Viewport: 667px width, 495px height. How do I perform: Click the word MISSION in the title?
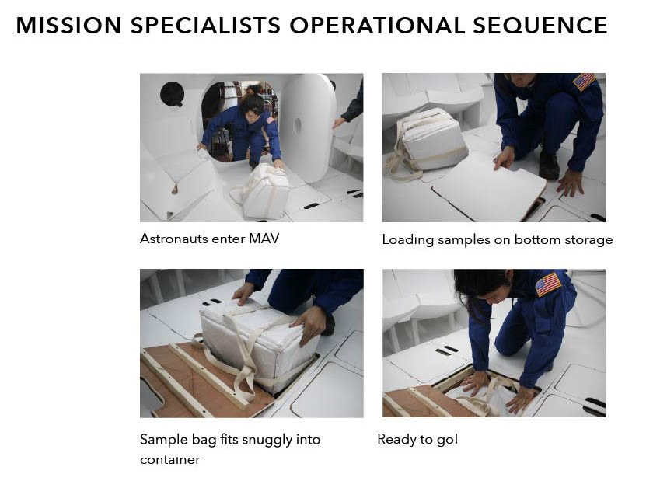(69, 25)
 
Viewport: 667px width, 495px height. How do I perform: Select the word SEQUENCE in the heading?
(540, 25)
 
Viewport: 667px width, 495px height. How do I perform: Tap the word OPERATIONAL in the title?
(377, 25)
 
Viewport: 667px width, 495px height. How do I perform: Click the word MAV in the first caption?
(264, 239)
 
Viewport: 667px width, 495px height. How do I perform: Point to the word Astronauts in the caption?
(173, 239)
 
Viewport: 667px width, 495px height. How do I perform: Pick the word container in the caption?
(169, 460)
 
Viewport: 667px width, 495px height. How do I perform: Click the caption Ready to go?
(417, 440)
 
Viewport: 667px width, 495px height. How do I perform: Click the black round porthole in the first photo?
(172, 94)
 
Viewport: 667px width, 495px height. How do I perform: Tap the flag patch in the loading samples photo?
(585, 82)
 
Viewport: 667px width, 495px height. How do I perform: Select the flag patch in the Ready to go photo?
(548, 284)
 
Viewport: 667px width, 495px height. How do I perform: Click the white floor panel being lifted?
(489, 187)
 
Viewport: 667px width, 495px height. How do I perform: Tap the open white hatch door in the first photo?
(307, 127)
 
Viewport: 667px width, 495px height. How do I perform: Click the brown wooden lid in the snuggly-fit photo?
(200, 381)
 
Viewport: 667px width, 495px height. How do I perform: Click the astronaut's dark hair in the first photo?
(252, 102)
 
